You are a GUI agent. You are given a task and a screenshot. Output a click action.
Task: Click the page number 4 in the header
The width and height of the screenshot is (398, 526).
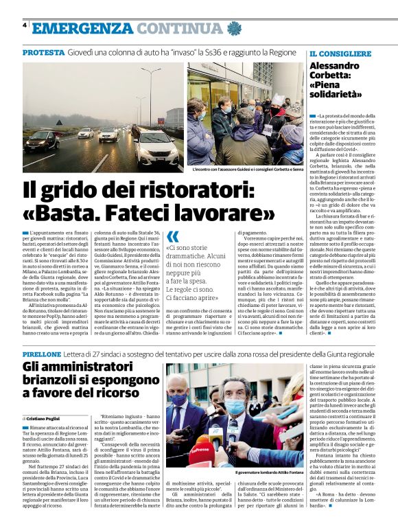(x=25, y=25)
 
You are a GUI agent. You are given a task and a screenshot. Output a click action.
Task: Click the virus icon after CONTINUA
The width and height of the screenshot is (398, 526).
(x=235, y=28)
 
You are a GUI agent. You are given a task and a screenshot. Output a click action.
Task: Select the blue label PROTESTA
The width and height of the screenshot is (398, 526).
(x=43, y=53)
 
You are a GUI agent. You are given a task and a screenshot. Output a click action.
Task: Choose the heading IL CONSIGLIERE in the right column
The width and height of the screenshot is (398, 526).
(x=340, y=54)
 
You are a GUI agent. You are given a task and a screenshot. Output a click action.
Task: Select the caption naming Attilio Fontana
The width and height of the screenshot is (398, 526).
(x=270, y=473)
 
